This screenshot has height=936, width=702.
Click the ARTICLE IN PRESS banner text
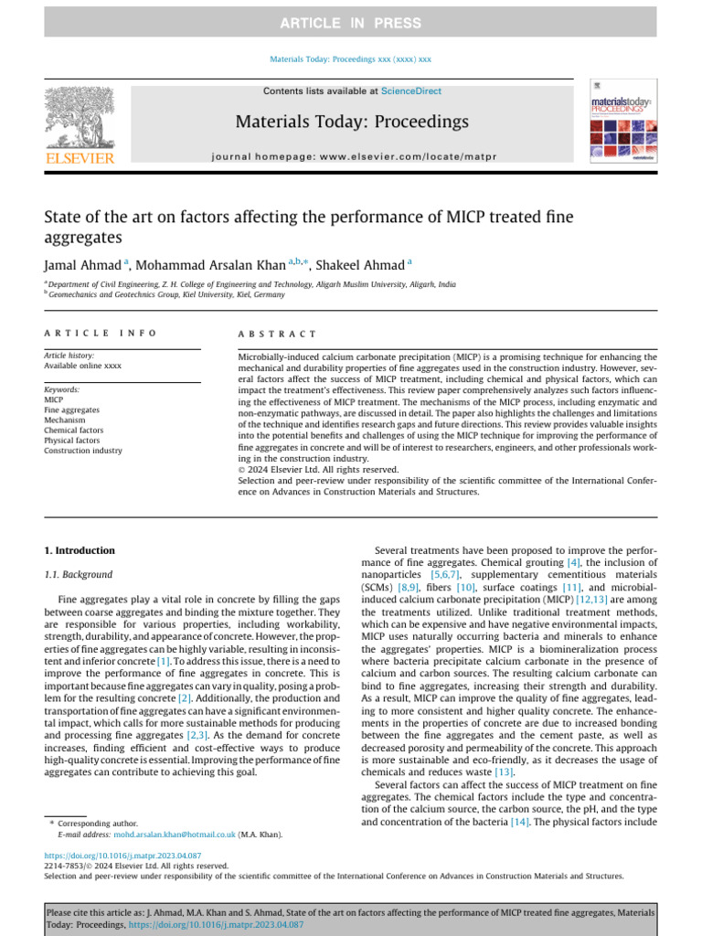tap(351, 23)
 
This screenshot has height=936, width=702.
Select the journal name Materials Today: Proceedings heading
tap(352, 122)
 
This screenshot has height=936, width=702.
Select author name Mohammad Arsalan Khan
tap(210, 265)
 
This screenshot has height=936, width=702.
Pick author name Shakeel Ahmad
tap(359, 265)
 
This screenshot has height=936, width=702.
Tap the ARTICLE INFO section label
tap(101, 335)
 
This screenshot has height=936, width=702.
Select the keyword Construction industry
tap(83, 451)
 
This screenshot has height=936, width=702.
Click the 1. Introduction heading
tap(80, 550)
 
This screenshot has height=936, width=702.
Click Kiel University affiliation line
tap(167, 295)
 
